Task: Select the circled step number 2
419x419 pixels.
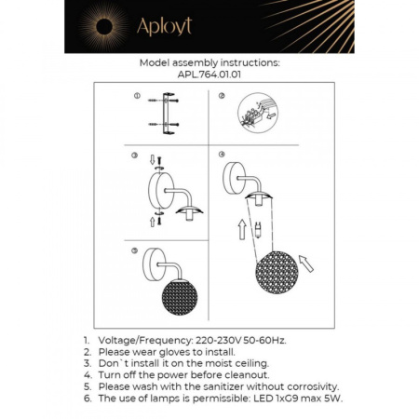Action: pos(220,97)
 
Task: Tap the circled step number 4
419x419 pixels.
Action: pos(220,155)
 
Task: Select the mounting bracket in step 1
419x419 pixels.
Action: pos(168,114)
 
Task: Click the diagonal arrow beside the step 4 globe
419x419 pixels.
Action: pos(307,269)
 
